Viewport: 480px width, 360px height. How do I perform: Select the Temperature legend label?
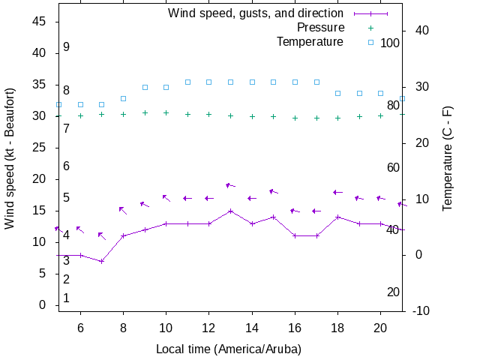(x=310, y=42)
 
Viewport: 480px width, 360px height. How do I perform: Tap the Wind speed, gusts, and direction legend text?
(x=255, y=13)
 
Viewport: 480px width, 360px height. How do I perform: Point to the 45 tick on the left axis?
(x=40, y=22)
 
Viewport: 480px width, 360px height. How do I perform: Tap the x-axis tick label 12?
(x=209, y=328)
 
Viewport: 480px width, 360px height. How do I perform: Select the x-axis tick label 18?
(x=338, y=328)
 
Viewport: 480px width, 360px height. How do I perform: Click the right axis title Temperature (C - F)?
(x=448, y=157)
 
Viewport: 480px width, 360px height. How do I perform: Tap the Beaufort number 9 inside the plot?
(x=67, y=46)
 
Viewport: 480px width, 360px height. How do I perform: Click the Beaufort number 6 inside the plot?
(x=67, y=166)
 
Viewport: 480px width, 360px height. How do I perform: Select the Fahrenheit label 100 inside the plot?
(x=390, y=43)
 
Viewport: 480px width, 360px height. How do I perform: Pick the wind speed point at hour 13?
(x=231, y=211)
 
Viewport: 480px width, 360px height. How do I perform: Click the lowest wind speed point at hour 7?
(x=102, y=261)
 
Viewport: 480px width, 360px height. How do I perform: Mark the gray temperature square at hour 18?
(x=338, y=93)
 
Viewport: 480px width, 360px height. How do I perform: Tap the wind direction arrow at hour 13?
(x=230, y=185)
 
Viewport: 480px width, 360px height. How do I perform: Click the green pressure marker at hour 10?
(x=166, y=112)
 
